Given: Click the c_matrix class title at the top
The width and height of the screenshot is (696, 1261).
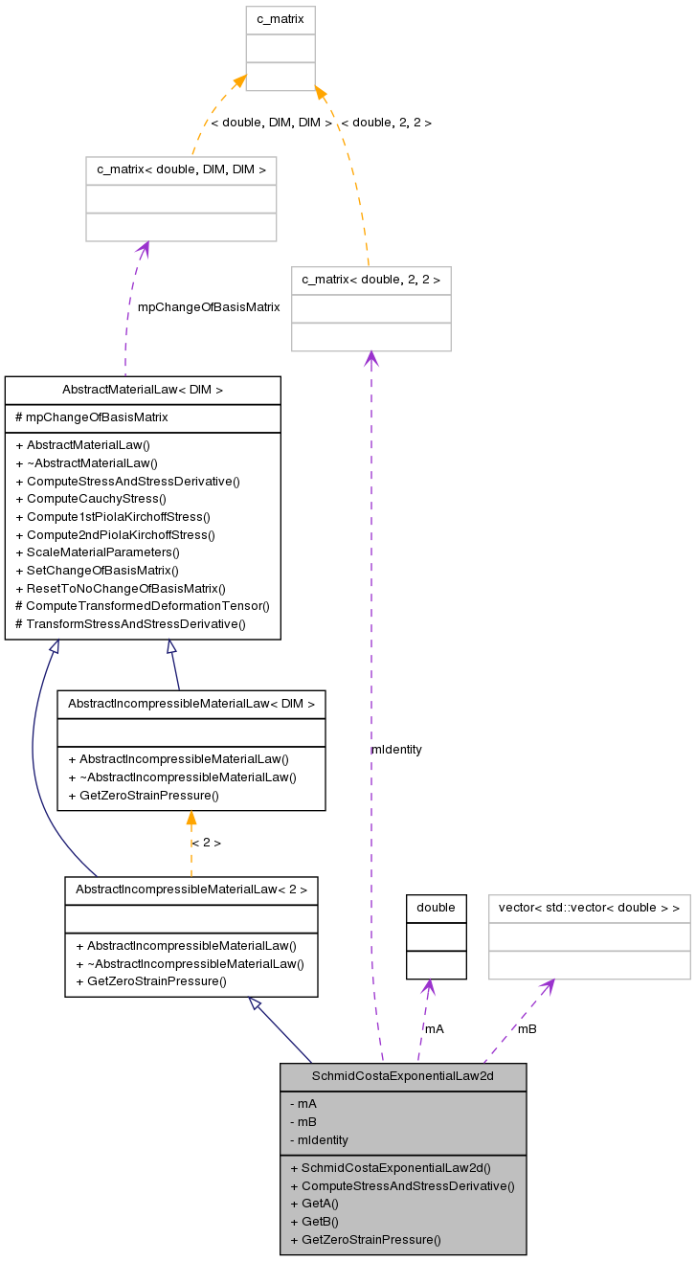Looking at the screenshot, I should point(280,19).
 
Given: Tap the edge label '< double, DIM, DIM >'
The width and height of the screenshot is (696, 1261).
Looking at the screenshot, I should point(271,123).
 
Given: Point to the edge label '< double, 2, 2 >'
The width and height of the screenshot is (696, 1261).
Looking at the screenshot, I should point(386,123).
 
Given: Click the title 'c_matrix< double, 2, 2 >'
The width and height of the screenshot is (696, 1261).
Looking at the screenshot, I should point(370,280).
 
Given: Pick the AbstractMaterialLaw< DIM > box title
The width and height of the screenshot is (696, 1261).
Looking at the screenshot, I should point(143,390).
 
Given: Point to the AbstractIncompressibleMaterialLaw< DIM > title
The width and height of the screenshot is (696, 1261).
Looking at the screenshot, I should point(191,704).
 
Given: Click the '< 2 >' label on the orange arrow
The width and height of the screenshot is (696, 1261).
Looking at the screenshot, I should point(206,843).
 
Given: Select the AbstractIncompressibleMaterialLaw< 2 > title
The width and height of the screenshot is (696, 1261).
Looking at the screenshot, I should point(191,889).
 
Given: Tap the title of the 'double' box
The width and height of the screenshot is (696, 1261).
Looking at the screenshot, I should point(436,908).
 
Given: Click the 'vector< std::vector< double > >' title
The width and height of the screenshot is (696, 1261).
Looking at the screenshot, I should point(589,908).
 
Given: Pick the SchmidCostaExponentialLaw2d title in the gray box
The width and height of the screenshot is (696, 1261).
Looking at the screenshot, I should point(403,1076).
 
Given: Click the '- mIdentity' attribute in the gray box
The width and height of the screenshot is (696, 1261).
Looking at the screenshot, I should point(319,1139).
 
